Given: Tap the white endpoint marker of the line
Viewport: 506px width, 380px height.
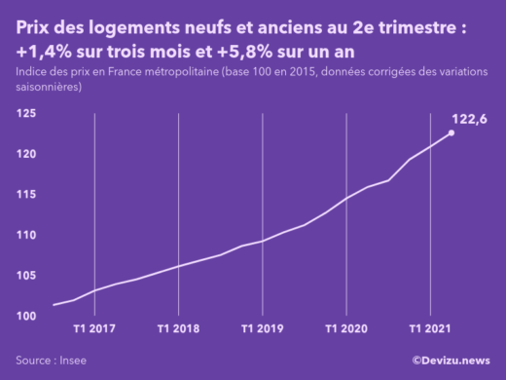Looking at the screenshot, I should [x=451, y=133].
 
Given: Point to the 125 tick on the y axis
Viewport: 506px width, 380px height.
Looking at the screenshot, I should [x=26, y=114].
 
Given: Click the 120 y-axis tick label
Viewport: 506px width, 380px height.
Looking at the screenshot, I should [x=26, y=154].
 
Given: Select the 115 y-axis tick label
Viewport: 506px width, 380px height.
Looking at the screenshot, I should [x=26, y=195].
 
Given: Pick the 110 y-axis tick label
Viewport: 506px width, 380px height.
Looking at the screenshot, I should [x=26, y=236].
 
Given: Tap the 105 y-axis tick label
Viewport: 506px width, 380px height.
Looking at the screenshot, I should [x=26, y=276].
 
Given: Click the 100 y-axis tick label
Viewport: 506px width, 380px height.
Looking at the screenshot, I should [x=26, y=317].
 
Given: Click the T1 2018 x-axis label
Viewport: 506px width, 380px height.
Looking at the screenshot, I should [x=179, y=329].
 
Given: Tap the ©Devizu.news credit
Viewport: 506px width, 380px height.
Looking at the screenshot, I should [x=451, y=361].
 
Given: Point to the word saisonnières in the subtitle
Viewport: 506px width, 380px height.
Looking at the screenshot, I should [x=49, y=88].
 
